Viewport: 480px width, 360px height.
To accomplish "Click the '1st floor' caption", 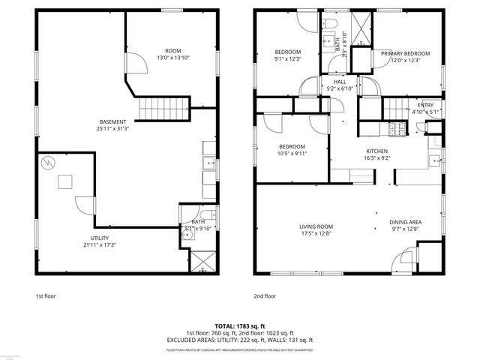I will coord(46,296).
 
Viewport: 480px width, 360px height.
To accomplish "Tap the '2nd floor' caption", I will coord(265,296).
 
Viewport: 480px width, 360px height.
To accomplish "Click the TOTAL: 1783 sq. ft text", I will coord(240,326).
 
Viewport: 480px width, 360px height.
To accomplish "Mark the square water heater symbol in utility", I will coord(65,181).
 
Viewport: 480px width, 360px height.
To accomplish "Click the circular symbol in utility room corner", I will coord(47,163).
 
